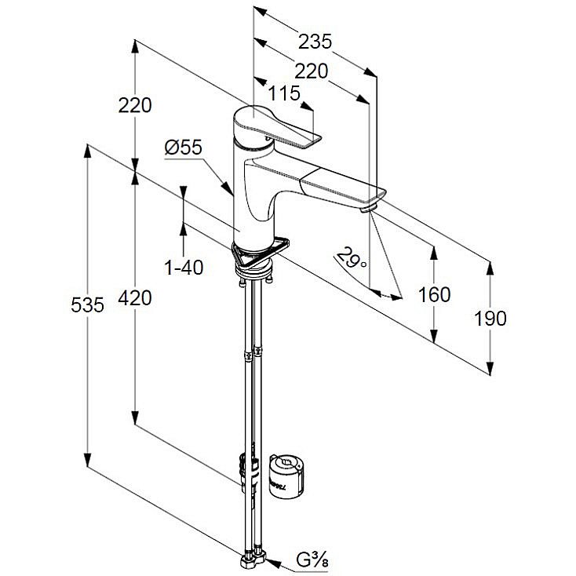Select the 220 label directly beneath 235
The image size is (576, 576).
tap(311, 71)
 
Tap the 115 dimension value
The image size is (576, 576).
tap(283, 94)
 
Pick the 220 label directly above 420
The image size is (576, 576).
tap(135, 104)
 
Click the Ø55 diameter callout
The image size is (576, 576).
tap(184, 147)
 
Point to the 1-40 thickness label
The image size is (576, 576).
tap(184, 268)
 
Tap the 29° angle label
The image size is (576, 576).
tap(352, 256)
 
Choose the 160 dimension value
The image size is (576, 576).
tap(434, 294)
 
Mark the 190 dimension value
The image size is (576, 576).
tap(490, 318)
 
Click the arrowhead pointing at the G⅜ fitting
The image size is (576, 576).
tap(272, 560)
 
